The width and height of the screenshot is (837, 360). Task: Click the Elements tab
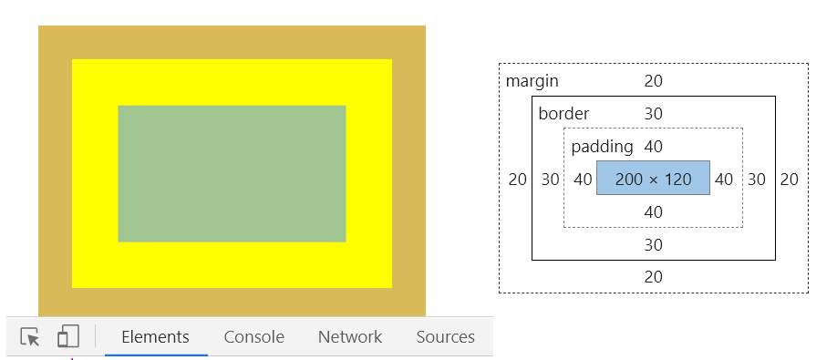point(155,337)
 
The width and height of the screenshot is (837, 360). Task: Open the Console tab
point(253,337)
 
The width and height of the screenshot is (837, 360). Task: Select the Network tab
point(349,337)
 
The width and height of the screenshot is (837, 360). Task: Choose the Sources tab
point(445,337)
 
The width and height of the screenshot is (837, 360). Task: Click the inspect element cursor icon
point(30,337)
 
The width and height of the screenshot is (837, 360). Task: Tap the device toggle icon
point(67,337)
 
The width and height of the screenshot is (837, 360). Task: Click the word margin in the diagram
point(532,81)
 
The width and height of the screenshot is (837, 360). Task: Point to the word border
point(563,114)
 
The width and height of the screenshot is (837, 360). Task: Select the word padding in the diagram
point(602,147)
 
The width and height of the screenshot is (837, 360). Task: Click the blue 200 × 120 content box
point(653,179)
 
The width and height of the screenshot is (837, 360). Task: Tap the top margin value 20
point(653,81)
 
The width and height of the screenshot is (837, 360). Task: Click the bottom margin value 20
point(653,277)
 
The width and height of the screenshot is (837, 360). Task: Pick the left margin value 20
point(517,180)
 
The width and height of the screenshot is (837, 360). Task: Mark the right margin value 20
point(789,180)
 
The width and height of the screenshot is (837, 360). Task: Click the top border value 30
point(653,114)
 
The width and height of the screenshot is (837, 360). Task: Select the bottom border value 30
point(653,245)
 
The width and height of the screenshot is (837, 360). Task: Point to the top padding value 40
point(653,147)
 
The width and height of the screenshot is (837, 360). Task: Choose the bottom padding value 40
point(653,212)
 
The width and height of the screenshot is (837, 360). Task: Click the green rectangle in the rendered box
point(232,173)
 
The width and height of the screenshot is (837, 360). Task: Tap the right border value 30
point(757,180)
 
